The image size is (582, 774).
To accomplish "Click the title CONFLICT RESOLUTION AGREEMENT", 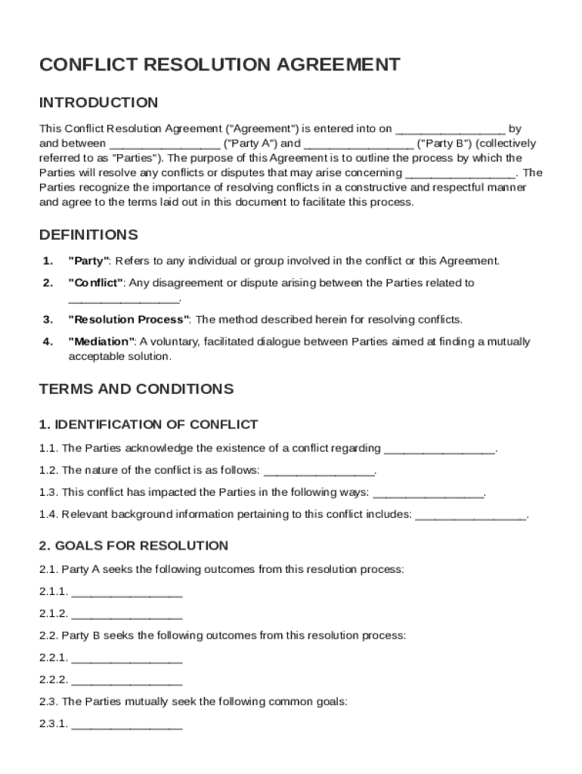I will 219,65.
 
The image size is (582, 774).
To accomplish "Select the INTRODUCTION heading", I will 98,103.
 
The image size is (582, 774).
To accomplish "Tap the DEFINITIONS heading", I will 88,234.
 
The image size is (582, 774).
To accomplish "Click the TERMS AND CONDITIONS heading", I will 136,389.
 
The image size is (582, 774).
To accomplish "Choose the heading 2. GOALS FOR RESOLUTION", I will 133,546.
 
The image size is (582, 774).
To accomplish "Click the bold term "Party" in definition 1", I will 89,262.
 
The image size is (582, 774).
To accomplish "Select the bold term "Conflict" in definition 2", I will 96,283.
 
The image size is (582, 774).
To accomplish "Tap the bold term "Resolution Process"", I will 129,320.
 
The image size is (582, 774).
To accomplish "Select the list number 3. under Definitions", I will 48,320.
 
